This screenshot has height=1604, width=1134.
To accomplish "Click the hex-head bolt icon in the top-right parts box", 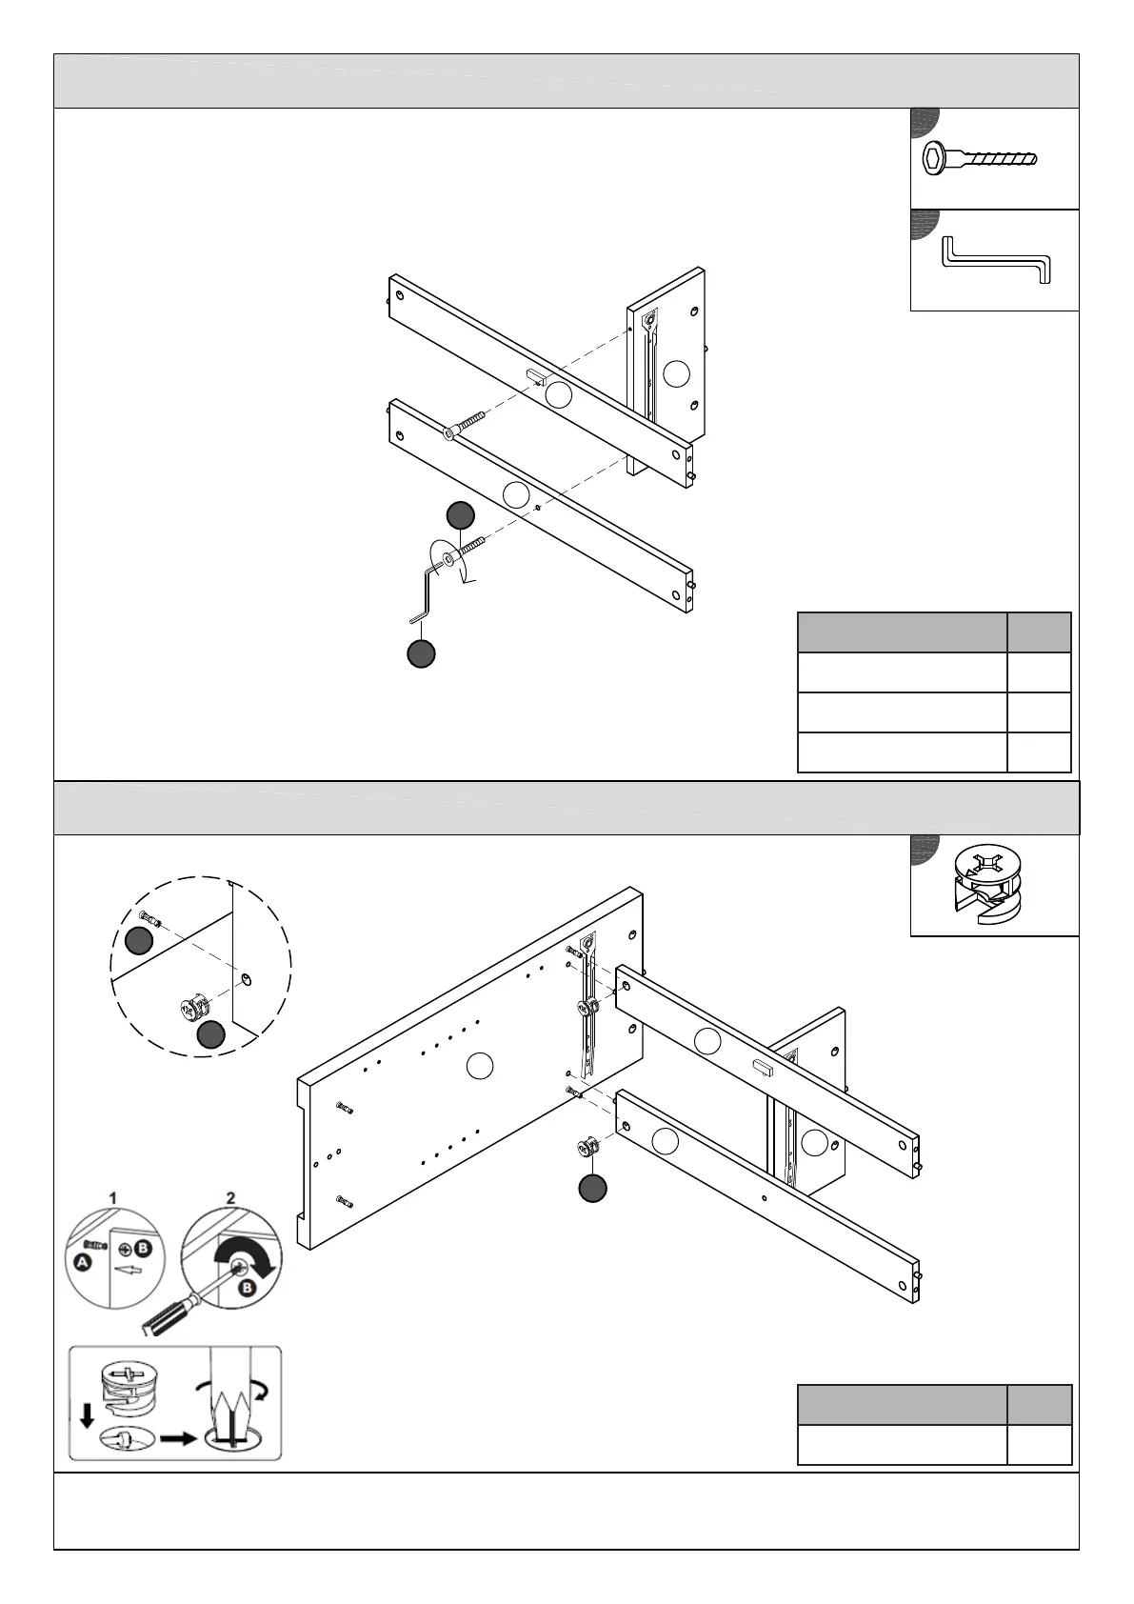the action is pos(980,158).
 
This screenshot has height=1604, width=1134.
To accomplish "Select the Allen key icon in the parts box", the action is pos(995,260).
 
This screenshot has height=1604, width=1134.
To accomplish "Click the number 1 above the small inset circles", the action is pos(113,1196).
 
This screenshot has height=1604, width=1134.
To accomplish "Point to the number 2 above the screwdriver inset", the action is pos(230,1196).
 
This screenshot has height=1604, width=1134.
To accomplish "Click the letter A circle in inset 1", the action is pos(83,1262).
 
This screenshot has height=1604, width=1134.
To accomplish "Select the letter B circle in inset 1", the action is pos(143,1248).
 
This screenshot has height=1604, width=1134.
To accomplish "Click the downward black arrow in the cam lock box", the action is pos(87,1417).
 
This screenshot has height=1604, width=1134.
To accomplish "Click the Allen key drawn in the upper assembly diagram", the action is pos(426,591).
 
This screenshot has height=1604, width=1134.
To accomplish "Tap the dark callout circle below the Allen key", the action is pos(421,653).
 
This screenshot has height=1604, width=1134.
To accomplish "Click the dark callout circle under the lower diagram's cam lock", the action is pos(593,1188).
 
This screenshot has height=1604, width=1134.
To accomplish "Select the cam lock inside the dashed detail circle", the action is pos(193,1007).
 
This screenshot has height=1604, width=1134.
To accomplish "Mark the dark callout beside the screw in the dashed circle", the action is pos(139,941).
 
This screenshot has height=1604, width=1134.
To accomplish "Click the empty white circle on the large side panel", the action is pos(481,1067).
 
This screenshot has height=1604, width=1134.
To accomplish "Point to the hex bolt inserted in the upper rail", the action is pos(464,425).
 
